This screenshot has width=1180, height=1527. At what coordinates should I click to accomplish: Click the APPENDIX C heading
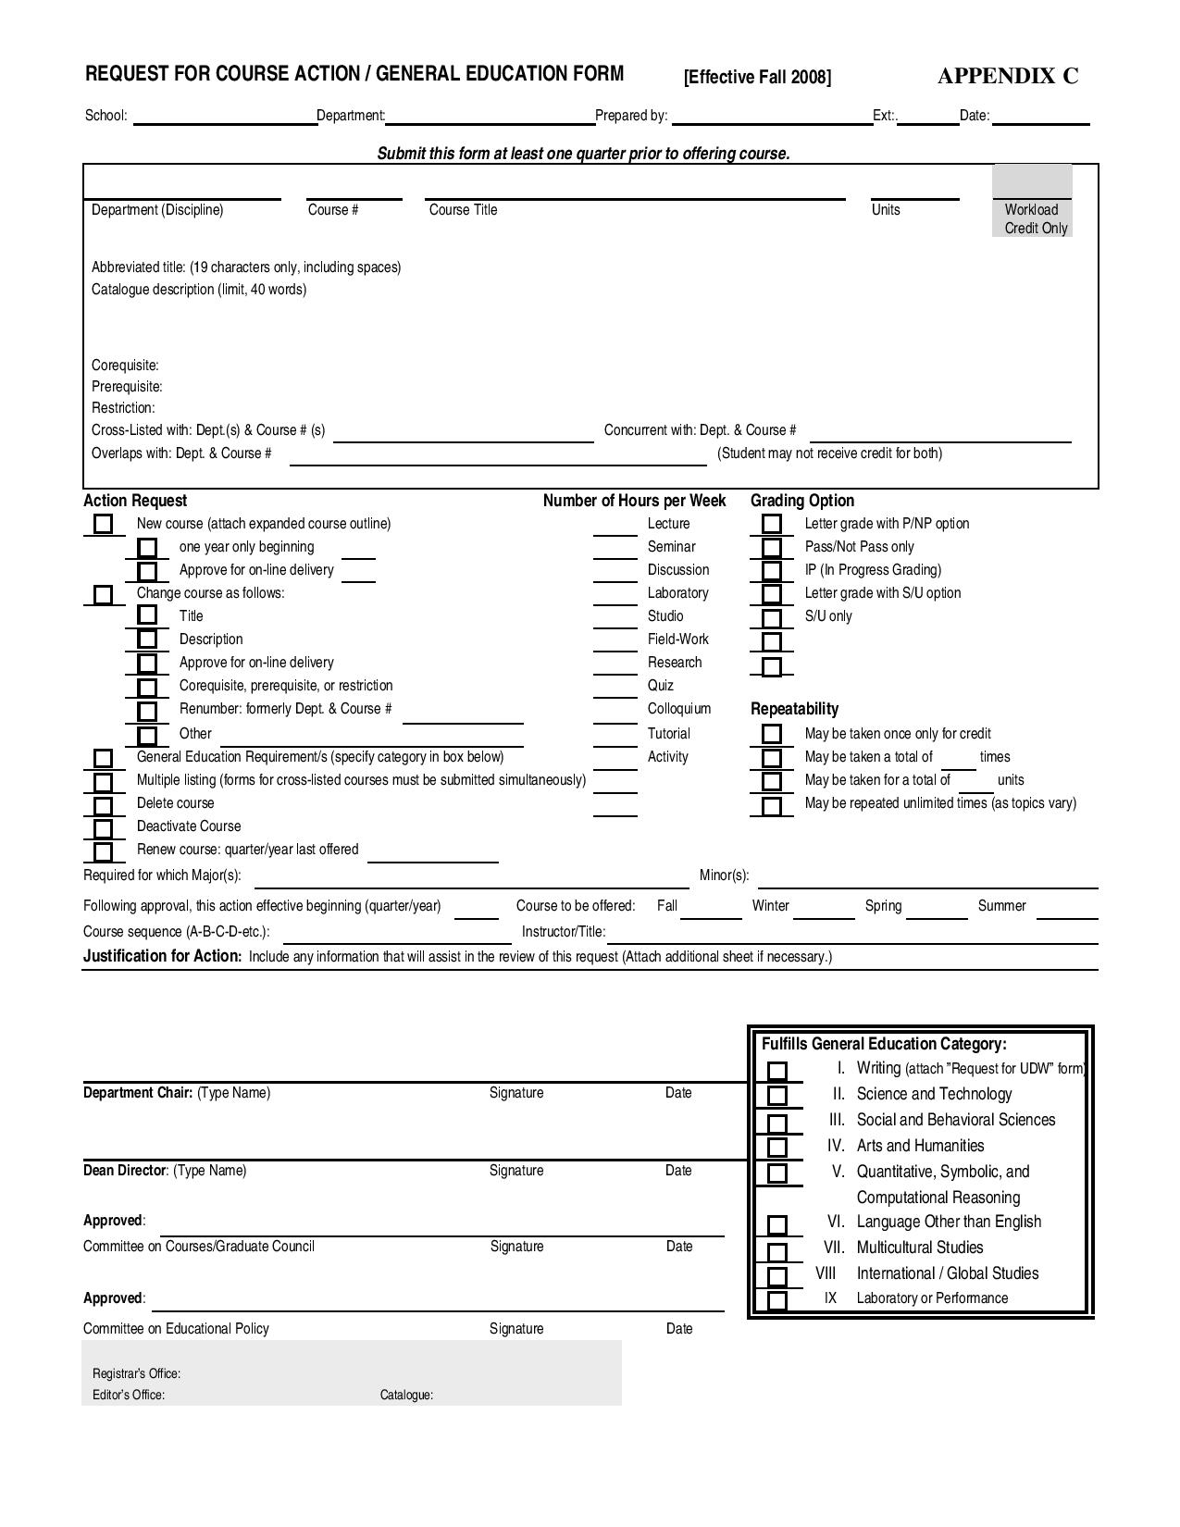tap(1007, 76)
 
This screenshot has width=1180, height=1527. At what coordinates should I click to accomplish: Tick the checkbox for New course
tap(103, 525)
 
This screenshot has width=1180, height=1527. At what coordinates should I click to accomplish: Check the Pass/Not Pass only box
tap(771, 548)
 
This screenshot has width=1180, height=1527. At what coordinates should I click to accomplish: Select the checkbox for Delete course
tap(103, 805)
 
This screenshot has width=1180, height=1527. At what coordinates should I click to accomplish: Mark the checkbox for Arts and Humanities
tap(777, 1148)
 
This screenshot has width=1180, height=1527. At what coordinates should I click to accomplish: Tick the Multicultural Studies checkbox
tap(777, 1250)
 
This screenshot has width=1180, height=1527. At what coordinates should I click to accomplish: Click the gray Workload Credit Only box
tap(1032, 201)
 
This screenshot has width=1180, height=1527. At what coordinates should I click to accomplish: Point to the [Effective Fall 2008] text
tap(757, 77)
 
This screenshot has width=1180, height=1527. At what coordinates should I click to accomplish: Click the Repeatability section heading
tap(794, 709)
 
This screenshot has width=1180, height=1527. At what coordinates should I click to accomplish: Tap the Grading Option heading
tap(801, 501)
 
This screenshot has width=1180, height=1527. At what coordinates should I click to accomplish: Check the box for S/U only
tap(771, 618)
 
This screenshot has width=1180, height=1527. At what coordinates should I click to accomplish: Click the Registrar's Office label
tap(136, 1373)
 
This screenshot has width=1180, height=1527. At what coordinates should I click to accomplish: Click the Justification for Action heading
tap(162, 956)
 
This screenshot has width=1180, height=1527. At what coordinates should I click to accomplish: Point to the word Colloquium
tap(678, 709)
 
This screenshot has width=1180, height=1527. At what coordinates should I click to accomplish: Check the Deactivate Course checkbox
tap(103, 828)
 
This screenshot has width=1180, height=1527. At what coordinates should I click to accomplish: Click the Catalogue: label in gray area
tap(406, 1395)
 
